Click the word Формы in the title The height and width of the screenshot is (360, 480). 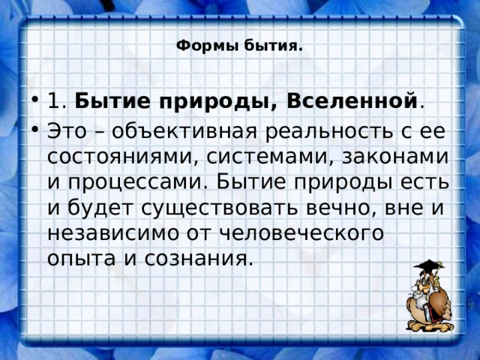click(x=198, y=46)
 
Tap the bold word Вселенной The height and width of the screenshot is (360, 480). click(x=352, y=100)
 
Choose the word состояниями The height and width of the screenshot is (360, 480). click(x=123, y=157)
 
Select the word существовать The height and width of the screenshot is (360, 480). click(x=226, y=208)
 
